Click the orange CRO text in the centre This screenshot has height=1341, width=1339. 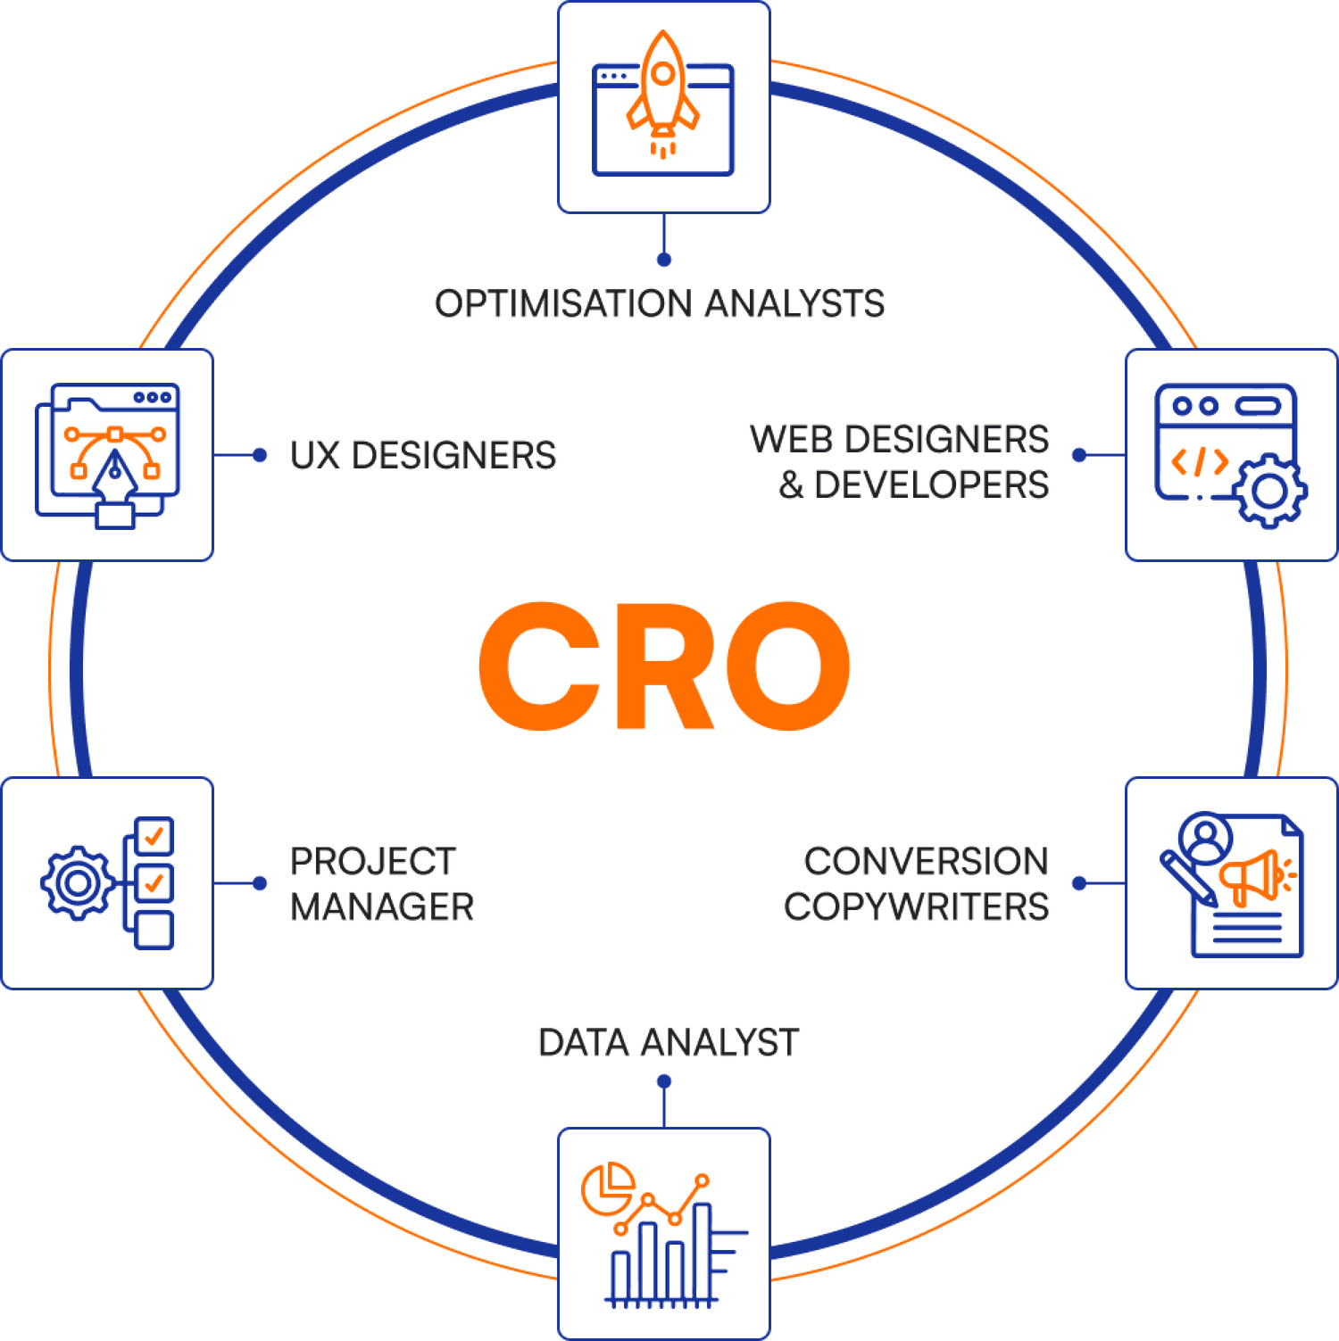click(x=663, y=666)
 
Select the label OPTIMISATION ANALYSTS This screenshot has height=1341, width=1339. click(x=660, y=303)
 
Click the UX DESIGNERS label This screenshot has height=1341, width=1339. click(x=422, y=456)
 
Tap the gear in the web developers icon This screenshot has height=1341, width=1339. click(x=1270, y=491)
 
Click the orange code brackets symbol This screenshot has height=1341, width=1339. click(x=1199, y=461)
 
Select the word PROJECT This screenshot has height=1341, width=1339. click(x=373, y=862)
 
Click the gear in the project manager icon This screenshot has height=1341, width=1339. click(x=77, y=883)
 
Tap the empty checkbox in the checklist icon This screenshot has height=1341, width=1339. click(x=154, y=930)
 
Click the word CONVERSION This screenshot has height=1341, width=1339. click(x=926, y=862)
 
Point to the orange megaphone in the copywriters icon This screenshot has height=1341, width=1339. click(x=1254, y=875)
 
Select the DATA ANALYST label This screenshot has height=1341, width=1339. click(x=668, y=1042)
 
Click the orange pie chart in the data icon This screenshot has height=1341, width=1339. click(x=607, y=1188)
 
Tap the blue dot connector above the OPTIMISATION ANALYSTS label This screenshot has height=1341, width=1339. click(x=663, y=260)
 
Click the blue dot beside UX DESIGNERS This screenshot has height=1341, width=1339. click(x=260, y=456)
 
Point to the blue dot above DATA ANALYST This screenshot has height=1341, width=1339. click(x=663, y=1081)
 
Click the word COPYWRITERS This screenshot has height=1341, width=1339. click(x=916, y=907)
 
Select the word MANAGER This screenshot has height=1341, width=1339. click(x=382, y=907)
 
